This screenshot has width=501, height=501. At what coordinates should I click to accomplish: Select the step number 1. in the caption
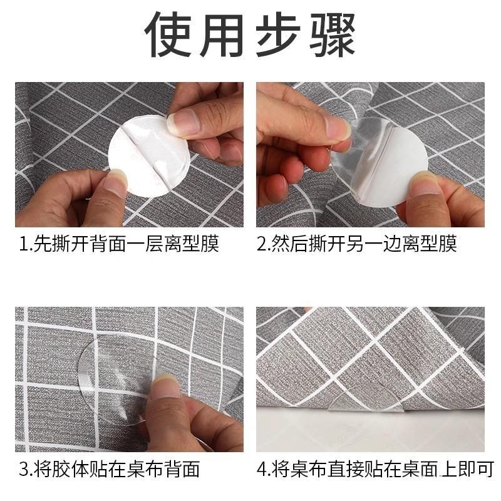coord(25,244)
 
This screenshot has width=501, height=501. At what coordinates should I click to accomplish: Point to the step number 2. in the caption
coord(264,244)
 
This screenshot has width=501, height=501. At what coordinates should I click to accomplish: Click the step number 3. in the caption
coord(25,468)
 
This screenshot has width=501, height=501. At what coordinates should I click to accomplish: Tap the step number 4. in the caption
coord(264,468)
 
